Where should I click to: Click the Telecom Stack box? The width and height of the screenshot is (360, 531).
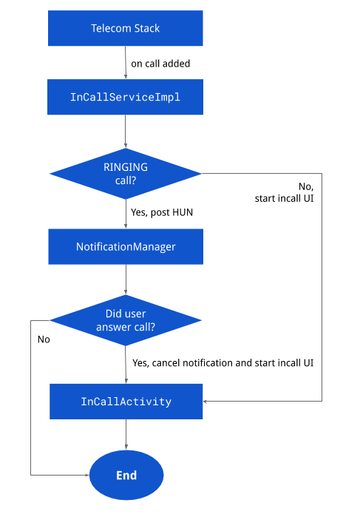tap(126, 29)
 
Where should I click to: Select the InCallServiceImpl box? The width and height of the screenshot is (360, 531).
tap(125, 98)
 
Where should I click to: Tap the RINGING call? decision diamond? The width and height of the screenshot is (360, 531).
tap(126, 174)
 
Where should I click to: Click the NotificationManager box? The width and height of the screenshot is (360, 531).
tap(126, 246)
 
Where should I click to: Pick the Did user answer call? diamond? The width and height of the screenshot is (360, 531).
tap(126, 320)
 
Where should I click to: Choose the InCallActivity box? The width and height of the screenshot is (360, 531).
tap(126, 402)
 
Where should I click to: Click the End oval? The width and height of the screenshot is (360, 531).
tap(126, 475)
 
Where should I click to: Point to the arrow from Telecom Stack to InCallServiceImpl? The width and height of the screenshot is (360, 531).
tap(126, 63)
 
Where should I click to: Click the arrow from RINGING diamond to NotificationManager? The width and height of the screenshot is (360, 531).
tap(126, 213)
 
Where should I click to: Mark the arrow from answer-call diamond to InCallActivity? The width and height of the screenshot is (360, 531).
tap(126, 364)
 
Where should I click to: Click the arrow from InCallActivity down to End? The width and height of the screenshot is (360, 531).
tap(126, 434)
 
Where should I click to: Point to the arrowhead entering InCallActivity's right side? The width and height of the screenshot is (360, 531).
tap(206, 401)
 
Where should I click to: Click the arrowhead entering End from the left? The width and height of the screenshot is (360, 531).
tap(86, 475)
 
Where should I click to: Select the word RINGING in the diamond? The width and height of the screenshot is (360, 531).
tap(126, 167)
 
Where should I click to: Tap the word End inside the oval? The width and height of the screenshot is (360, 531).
tap(126, 476)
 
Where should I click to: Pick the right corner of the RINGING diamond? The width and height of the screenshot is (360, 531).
tap(201, 174)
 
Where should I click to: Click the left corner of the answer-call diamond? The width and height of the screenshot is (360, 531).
tap(50, 320)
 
